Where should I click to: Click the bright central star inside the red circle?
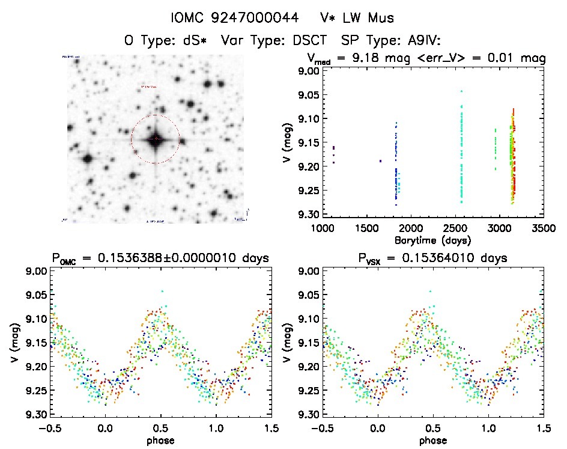coord(156,139)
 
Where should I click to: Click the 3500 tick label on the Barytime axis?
coord(544,229)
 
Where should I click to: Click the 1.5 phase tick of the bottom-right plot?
coord(544,429)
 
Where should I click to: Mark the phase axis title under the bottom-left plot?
coord(161,440)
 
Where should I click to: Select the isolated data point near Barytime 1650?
coord(380,160)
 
